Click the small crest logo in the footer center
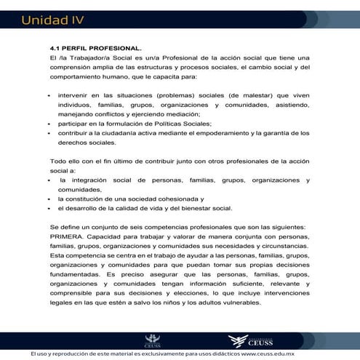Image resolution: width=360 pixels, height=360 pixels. [153, 339]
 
